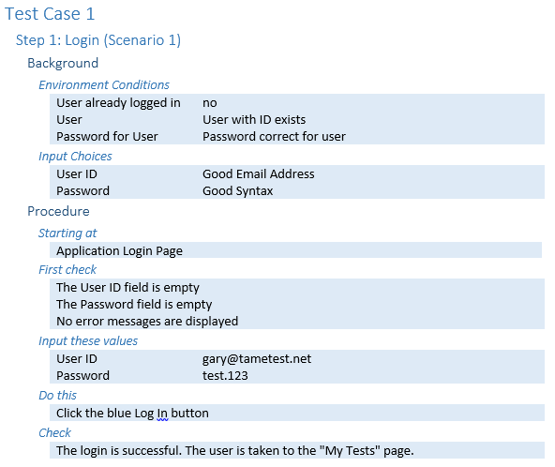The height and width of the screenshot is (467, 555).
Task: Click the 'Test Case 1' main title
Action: click(x=50, y=14)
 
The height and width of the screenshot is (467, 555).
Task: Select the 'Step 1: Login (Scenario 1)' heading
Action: click(x=98, y=40)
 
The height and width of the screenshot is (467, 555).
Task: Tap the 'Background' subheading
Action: click(x=63, y=63)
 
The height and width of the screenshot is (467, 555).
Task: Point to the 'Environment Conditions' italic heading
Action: click(x=104, y=85)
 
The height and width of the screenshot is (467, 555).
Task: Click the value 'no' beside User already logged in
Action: click(x=210, y=103)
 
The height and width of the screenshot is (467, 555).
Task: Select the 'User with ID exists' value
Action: click(x=254, y=120)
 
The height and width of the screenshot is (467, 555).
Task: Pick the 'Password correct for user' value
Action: click(x=274, y=137)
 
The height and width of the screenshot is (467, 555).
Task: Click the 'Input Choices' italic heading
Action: click(x=75, y=157)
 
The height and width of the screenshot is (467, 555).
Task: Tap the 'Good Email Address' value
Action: click(x=259, y=174)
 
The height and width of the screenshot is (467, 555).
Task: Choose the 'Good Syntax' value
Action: click(x=237, y=191)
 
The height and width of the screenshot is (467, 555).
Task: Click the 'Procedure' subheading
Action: click(x=58, y=211)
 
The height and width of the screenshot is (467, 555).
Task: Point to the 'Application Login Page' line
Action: click(x=120, y=251)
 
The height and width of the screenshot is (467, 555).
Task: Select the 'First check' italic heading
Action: click(x=67, y=270)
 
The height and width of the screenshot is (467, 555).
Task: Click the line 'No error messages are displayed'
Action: click(x=147, y=322)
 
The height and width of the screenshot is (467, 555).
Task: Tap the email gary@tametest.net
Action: click(x=257, y=359)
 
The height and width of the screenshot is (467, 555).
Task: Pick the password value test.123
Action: click(x=225, y=376)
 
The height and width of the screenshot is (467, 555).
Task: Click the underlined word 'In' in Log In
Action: click(x=162, y=414)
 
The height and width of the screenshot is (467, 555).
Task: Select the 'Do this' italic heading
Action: click(x=58, y=396)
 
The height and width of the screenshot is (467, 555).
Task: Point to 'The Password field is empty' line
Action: click(x=134, y=305)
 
